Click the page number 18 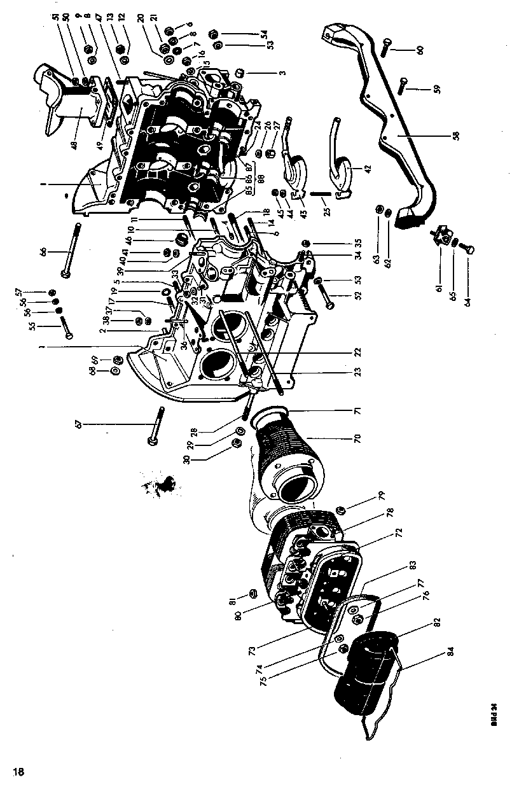point(18,772)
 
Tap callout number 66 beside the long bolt point(43,252)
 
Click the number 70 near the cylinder point(357,438)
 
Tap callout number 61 point(438,288)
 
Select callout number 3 point(283,72)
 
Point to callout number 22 point(357,352)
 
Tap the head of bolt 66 point(66,274)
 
